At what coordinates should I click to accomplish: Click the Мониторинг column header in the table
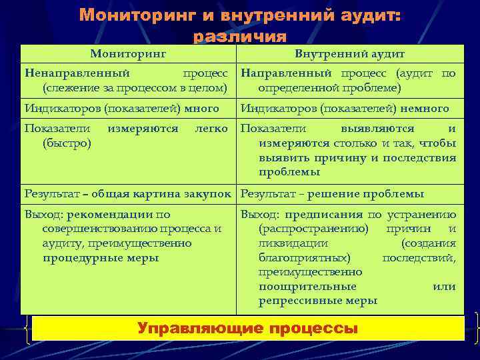pyautogui.click(x=128, y=53)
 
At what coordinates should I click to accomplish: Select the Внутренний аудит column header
pyautogui.click(x=349, y=53)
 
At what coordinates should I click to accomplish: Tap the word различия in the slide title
pyautogui.click(x=239, y=37)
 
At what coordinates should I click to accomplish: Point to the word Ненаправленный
pyautogui.click(x=77, y=73)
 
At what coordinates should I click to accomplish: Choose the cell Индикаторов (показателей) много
pyautogui.click(x=121, y=108)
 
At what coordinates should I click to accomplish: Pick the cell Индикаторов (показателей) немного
pyautogui.click(x=345, y=108)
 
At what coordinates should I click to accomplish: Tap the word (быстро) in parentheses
pyautogui.click(x=67, y=143)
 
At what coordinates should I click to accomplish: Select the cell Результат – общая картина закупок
pyautogui.click(x=129, y=194)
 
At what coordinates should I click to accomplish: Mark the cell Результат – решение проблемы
pyautogui.click(x=332, y=194)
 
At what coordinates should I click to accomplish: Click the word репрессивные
pyautogui.click(x=299, y=301)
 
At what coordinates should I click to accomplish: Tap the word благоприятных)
pyautogui.click(x=303, y=257)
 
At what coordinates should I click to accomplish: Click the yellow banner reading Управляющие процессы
pyautogui.click(x=247, y=328)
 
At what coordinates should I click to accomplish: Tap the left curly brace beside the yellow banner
pyautogui.click(x=26, y=328)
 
